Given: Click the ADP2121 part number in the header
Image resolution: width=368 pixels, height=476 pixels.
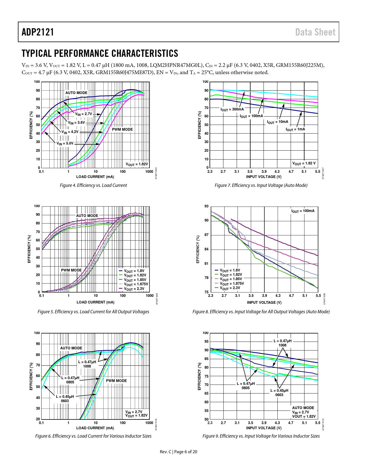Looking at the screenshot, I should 38,32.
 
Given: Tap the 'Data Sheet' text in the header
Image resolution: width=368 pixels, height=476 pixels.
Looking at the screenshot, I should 315,32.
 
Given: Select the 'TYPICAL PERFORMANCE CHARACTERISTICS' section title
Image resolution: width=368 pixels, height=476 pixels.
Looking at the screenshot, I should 100,53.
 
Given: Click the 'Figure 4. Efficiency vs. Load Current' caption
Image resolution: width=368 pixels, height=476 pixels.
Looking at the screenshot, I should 93,185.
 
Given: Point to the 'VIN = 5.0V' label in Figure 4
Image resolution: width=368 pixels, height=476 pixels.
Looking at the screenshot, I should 65,143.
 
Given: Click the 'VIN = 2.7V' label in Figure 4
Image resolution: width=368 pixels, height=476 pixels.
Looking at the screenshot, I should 84,114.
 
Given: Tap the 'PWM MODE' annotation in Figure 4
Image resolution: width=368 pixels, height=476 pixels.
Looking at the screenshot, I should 122,129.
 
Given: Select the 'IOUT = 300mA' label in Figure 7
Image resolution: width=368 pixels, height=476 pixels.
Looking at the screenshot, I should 232,109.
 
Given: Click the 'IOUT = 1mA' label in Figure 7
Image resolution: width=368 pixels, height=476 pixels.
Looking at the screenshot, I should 295,129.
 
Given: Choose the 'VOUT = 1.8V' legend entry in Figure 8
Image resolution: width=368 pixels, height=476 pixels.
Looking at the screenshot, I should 230,270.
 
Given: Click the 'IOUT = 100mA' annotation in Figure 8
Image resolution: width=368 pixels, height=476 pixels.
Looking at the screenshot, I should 303,211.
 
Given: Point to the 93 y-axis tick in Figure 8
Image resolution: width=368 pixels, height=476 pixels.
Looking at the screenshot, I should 206,206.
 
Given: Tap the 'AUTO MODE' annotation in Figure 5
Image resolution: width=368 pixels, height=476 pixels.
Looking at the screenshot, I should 87,215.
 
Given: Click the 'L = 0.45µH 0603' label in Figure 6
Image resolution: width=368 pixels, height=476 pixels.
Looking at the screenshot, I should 65,398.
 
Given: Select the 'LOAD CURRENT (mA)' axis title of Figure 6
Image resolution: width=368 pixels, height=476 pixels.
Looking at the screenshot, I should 95,428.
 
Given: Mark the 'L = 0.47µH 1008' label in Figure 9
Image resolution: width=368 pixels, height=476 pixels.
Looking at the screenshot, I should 283,343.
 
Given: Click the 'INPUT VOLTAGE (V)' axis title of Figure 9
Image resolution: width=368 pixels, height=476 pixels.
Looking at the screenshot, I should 264,428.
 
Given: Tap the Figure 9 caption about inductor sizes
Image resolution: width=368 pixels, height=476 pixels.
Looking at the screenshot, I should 261,436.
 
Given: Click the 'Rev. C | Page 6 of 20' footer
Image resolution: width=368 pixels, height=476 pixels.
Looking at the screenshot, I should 179,451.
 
